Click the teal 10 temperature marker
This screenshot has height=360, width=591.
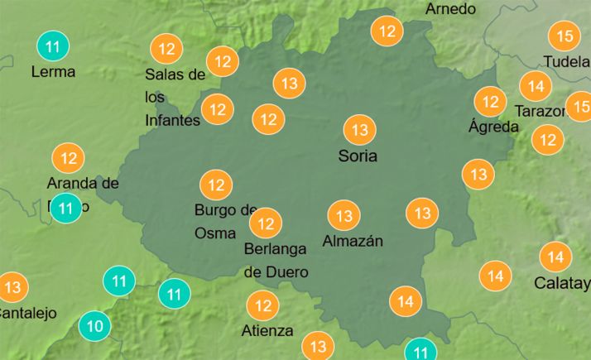[x=95, y=326]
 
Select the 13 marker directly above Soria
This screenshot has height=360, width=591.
[x=359, y=130]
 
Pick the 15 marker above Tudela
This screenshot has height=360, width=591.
[x=565, y=36]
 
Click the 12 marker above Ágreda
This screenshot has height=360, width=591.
[x=490, y=102]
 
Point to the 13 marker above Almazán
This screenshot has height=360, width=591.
[x=344, y=216]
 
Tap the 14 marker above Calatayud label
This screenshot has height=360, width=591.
[x=555, y=257]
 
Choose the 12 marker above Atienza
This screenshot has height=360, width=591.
[x=263, y=306]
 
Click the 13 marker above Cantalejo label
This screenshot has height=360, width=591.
[x=12, y=288]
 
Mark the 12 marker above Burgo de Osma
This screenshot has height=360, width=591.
[x=217, y=184]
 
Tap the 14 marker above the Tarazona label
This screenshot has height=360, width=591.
[x=536, y=86]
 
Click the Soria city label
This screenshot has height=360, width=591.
[x=358, y=156]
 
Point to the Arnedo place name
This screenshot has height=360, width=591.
[x=451, y=9]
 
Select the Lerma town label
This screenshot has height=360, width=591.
[x=53, y=71]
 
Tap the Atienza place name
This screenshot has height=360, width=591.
[x=267, y=331]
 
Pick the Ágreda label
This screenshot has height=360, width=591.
[x=493, y=127]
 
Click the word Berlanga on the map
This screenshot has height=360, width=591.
[x=276, y=248]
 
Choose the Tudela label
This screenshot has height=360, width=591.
[x=566, y=61]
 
